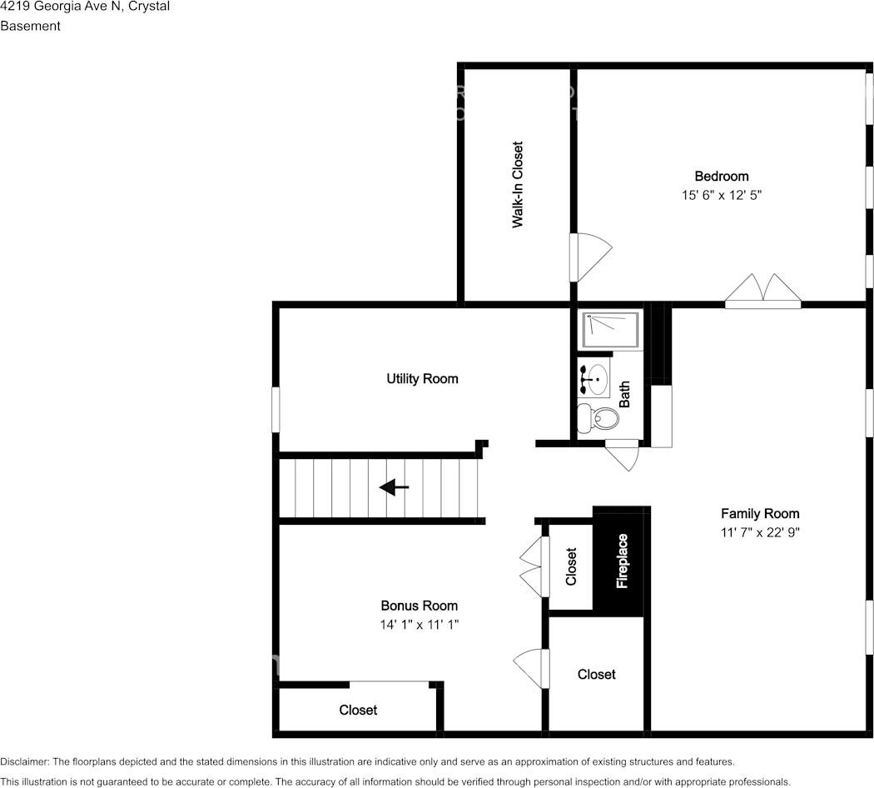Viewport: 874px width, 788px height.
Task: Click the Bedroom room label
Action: coord(721,176)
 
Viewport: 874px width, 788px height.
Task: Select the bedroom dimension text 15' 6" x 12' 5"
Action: coord(721,195)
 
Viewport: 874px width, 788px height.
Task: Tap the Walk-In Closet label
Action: coord(518,185)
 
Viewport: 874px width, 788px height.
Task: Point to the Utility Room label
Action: coord(422,378)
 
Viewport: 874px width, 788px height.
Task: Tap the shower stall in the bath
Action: coord(610,331)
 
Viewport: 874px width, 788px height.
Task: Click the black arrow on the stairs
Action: coord(394,487)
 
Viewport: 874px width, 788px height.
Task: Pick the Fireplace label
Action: coord(622,561)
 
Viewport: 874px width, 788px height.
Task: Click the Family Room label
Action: coord(759,513)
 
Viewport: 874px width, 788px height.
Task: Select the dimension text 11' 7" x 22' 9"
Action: coord(759,532)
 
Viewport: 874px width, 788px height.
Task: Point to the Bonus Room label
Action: coord(419,606)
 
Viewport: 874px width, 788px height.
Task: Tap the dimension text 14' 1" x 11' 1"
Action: coord(419,624)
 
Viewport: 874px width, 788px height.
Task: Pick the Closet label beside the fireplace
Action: coord(571,566)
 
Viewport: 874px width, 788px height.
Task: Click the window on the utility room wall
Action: coord(276,409)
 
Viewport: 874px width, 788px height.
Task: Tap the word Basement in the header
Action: coord(30,26)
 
